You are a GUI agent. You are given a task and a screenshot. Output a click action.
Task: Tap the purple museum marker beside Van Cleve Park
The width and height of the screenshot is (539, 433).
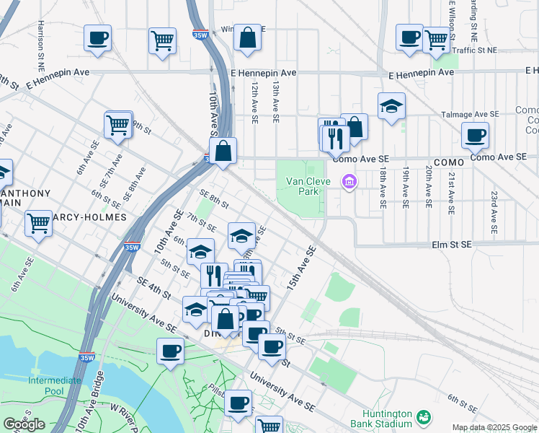pos(349,180)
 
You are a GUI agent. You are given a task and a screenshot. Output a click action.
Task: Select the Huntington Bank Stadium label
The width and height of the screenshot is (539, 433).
pos(381,419)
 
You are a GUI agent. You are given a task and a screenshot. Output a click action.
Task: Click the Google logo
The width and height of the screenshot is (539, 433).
pos(24,424)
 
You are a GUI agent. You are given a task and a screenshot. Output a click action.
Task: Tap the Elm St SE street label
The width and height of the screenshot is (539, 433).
pos(452,245)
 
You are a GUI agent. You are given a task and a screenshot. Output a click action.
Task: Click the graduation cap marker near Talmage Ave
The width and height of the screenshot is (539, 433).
pos(391,106)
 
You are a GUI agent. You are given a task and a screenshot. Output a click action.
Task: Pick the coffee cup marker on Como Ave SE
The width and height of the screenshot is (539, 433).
pos(475,134)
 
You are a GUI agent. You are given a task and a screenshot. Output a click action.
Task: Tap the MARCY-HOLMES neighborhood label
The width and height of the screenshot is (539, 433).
pos(79,216)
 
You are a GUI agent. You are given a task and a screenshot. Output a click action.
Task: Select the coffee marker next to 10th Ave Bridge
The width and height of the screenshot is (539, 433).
pos(170,351)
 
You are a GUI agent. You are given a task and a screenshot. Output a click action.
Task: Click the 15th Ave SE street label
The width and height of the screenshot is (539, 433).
pos(301,268)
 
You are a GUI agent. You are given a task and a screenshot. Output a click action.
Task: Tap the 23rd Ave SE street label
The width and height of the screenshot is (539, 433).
pos(494,213)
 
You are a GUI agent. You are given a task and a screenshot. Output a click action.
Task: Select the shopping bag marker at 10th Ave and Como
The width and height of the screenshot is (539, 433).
pos(223,151)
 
